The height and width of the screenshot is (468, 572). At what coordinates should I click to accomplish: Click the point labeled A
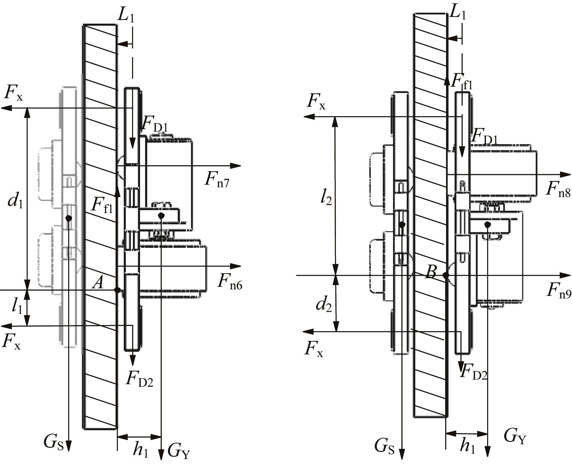coord(117,290)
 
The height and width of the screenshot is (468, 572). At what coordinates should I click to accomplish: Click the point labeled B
coord(446,276)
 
